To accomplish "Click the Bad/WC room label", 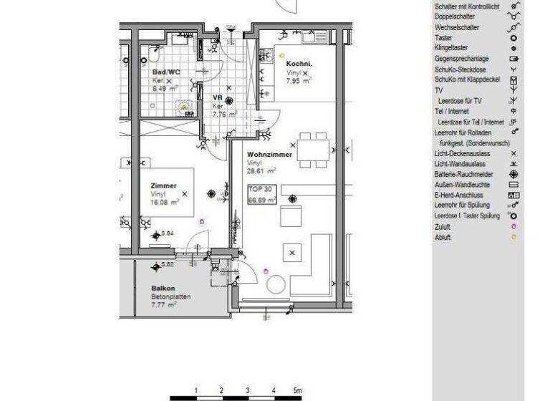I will (x=165, y=72).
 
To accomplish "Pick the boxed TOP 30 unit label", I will (x=260, y=190).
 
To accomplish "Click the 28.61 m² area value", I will (x=261, y=172).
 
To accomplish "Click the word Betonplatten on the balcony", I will (x=170, y=296).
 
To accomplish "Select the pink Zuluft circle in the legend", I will (x=513, y=226).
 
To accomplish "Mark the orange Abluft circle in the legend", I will (x=513, y=236).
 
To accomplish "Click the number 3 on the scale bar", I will (x=247, y=390).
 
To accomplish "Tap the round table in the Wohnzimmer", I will (x=276, y=285).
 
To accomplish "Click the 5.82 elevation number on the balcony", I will (x=168, y=265).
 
